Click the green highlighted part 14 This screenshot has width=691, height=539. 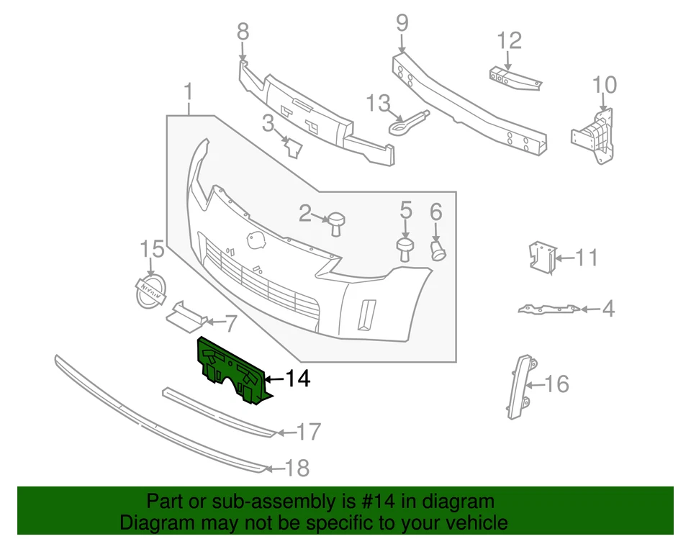tap(230, 367)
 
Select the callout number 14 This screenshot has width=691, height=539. tap(297, 379)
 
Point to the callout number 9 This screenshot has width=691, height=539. tap(401, 23)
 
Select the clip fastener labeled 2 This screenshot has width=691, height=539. tap(335, 222)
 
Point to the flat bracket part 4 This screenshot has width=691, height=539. tap(547, 309)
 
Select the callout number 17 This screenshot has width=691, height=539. tap(308, 432)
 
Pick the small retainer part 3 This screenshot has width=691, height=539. tap(292, 147)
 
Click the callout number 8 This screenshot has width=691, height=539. tap(243, 32)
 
